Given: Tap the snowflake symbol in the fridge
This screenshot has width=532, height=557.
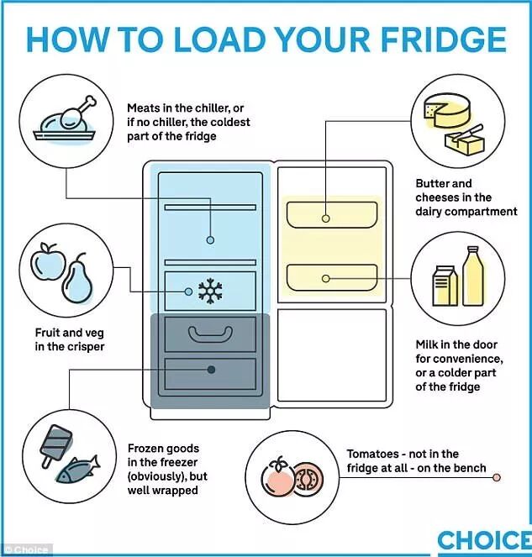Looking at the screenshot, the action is click(x=209, y=291).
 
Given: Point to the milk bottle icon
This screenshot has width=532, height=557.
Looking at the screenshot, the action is click(x=471, y=276).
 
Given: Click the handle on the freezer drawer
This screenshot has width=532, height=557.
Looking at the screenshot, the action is click(x=210, y=334).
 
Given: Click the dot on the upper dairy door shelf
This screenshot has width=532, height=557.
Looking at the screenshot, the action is click(x=326, y=218).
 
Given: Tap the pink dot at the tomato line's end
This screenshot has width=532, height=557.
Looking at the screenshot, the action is click(x=497, y=478).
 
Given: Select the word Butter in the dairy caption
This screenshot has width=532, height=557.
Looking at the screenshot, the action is click(x=433, y=183).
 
